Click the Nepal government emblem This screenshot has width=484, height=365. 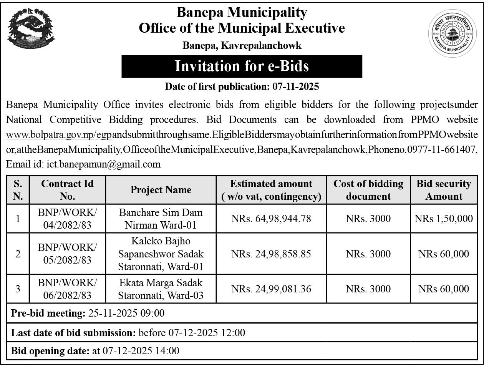(31, 28)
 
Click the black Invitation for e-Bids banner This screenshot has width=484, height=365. (242, 66)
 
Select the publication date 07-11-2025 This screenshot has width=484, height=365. (296, 87)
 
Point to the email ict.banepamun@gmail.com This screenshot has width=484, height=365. (103, 164)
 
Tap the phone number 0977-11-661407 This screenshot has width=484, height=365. (447, 149)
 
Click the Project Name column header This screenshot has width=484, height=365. (161, 190)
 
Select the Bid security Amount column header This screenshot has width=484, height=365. (444, 190)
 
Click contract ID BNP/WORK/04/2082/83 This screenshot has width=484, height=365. (67, 218)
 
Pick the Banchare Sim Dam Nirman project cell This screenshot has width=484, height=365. (161, 218)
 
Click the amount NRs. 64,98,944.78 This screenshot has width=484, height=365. (271, 219)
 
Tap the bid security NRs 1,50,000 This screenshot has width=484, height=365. (444, 219)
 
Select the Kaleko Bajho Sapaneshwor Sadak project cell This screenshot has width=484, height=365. (161, 254)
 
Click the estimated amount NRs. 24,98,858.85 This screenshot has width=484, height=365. (271, 254)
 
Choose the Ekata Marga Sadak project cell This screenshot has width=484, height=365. (161, 289)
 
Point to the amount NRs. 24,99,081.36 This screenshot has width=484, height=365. (271, 289)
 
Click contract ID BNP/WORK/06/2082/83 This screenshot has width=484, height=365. (67, 289)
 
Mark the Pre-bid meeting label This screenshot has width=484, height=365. (48, 314)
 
